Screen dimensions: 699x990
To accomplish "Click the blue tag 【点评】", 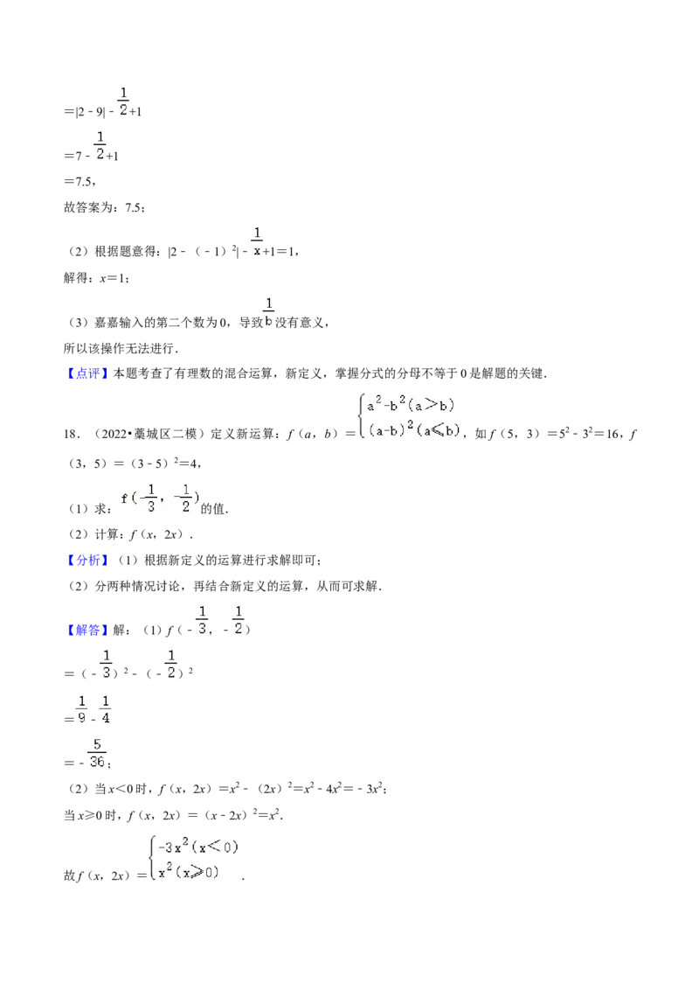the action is point(87,373).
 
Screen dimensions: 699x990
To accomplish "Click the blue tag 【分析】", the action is point(87,560).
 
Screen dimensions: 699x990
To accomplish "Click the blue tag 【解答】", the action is point(87,630).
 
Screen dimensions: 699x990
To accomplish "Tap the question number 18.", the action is point(72,434).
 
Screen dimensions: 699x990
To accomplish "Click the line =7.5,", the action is point(80,182).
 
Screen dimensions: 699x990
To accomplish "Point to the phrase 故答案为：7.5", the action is point(104,208).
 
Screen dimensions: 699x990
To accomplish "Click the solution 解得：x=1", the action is point(96,278).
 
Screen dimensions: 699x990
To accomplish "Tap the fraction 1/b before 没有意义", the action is point(269,312).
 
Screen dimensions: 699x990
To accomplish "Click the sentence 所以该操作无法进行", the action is point(121,348).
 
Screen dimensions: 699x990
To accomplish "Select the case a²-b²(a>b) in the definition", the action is point(411,405).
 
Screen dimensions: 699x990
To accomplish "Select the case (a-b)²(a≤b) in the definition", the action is point(414,430).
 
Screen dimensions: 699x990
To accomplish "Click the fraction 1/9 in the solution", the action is point(81,709).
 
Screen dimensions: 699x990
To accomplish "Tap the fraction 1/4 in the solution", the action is point(106,709).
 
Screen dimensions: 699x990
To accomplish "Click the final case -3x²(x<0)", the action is point(197,847).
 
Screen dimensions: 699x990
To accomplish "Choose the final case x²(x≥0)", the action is point(188,873).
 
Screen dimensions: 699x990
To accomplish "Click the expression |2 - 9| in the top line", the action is point(90,112).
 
